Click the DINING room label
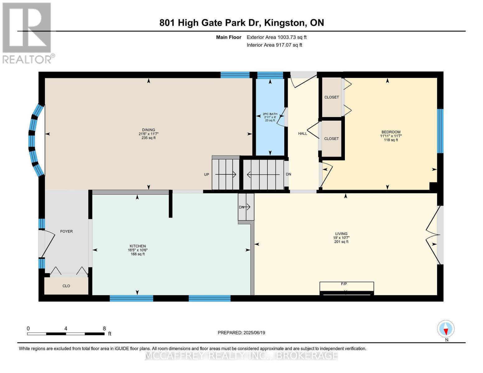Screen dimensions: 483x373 148,130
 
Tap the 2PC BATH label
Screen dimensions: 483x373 270,114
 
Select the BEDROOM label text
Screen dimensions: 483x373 391,132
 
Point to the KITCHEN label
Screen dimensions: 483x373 138,246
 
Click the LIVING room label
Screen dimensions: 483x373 341,233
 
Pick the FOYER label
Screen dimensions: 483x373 67,231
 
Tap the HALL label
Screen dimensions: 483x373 303,134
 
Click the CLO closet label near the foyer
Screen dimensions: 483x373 66,286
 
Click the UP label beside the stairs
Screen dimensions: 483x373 207,175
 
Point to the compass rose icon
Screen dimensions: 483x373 446,329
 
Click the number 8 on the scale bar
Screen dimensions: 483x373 104,328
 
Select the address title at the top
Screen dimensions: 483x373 242,23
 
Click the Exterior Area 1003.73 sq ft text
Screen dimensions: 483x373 276,37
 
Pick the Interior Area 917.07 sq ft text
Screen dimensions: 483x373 274,45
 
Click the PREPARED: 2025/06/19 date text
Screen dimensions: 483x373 241,333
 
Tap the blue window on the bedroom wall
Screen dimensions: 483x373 440,131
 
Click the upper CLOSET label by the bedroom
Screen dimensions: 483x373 332,97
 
